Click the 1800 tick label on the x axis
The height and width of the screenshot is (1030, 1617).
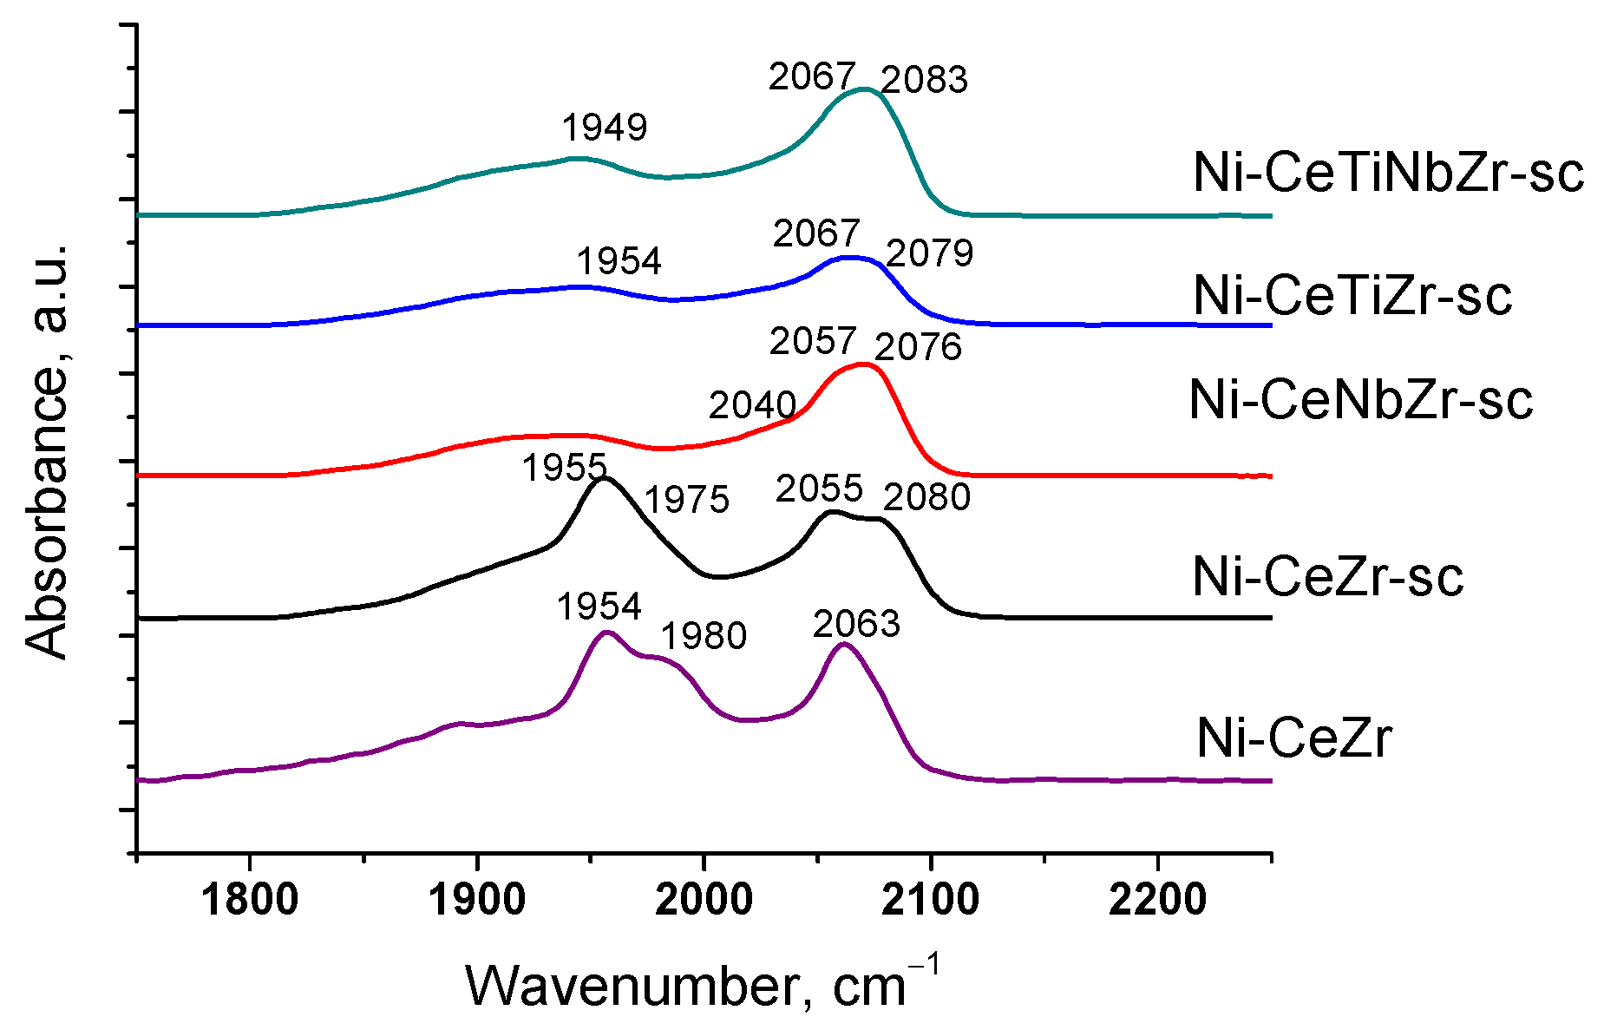pyautogui.click(x=250, y=900)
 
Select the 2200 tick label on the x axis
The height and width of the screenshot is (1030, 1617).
pyautogui.click(x=1157, y=900)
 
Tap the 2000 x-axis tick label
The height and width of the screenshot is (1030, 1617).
pyautogui.click(x=704, y=900)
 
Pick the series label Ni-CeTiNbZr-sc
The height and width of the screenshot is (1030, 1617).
pyautogui.click(x=1387, y=173)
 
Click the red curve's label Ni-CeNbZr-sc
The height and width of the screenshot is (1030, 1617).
pyautogui.click(x=1360, y=401)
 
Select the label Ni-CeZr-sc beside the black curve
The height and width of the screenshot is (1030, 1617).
pyautogui.click(x=1327, y=577)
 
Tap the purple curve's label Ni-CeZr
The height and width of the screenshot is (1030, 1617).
pyautogui.click(x=1293, y=738)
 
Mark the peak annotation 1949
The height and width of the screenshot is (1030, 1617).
pyautogui.click(x=605, y=128)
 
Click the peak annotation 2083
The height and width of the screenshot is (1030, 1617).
pyautogui.click(x=924, y=80)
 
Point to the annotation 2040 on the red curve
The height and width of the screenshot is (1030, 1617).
pyautogui.click(x=752, y=405)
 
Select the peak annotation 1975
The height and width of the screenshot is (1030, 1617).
pyautogui.click(x=686, y=500)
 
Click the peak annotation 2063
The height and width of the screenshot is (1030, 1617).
pyautogui.click(x=856, y=624)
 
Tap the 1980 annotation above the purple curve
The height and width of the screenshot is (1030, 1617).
pyautogui.click(x=704, y=636)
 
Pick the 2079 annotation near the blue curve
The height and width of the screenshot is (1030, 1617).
pyautogui.click(x=929, y=253)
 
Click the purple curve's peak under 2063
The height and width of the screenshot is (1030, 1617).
pyautogui.click(x=842, y=645)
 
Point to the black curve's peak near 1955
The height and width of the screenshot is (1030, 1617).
pyautogui.click(x=605, y=478)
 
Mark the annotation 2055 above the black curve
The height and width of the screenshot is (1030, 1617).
pyautogui.click(x=819, y=489)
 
